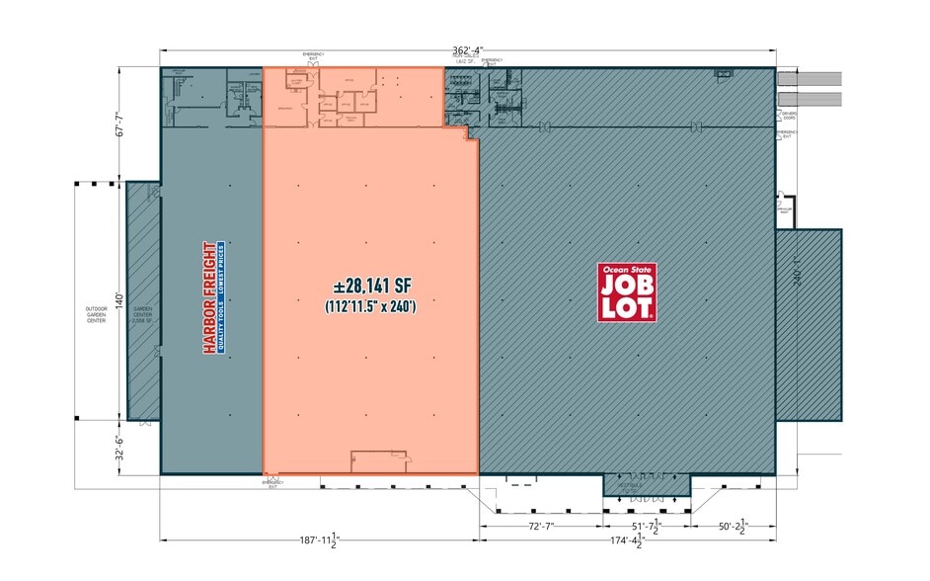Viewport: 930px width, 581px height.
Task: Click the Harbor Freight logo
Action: point(212,296)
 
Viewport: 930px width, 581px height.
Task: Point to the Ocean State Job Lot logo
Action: point(627,291)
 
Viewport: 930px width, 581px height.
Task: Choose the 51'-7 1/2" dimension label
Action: point(647,527)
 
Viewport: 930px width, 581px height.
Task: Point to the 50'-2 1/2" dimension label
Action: point(734,527)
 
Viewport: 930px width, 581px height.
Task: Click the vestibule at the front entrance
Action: point(647,485)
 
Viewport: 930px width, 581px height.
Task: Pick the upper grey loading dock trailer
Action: point(810,78)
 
